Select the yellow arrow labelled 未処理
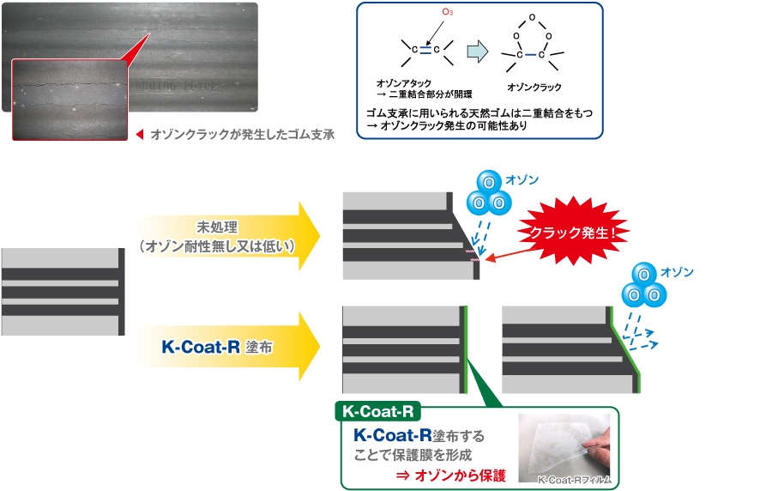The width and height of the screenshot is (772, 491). (x=227, y=237)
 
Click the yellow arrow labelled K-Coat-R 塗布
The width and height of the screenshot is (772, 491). (x=227, y=349)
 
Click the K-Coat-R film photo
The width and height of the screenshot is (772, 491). (x=564, y=449)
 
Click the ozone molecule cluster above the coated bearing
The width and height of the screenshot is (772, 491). (x=644, y=285)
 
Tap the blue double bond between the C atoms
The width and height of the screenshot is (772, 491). (x=425, y=49)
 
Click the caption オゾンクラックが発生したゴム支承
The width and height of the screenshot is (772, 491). (x=241, y=134)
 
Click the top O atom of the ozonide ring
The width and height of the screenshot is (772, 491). (x=532, y=16)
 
